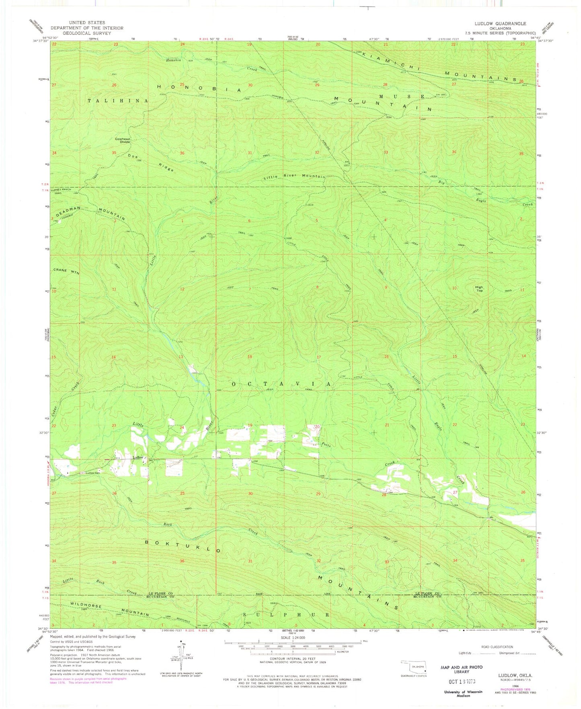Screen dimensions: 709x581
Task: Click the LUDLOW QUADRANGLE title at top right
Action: pyautogui.click(x=506, y=23)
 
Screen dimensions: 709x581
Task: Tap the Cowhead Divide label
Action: pyautogui.click(x=123, y=140)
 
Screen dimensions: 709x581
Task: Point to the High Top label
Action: pyautogui.click(x=479, y=289)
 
